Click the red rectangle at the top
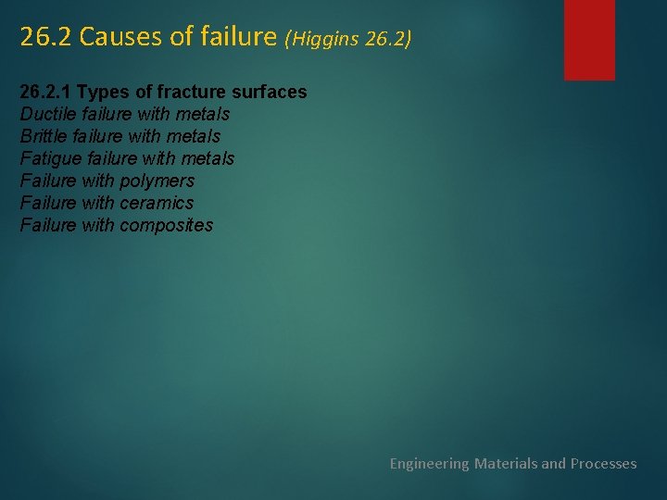(x=589, y=39)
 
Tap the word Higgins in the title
(x=328, y=39)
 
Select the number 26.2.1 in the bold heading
(x=45, y=93)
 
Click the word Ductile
(x=48, y=115)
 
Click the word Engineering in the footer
(x=429, y=463)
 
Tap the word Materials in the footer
(x=506, y=463)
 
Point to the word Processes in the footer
(x=603, y=463)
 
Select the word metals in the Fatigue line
(x=208, y=159)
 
